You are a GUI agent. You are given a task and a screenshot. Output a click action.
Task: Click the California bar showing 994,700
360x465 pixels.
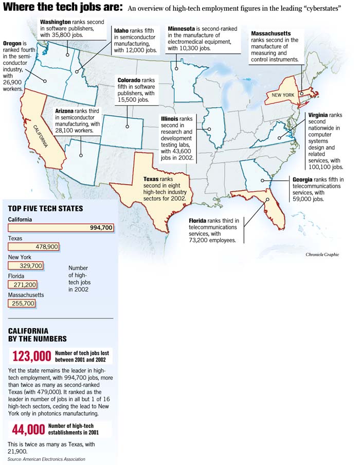tap(61, 228)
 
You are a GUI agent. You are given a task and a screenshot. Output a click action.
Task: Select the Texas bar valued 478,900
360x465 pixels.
tap(33, 247)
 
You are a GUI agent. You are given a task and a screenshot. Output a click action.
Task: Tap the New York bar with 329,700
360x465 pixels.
tap(26, 265)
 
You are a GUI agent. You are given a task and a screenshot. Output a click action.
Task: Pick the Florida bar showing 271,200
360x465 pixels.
tap(23, 284)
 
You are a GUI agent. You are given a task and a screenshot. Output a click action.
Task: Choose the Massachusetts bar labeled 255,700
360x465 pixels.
tap(22, 303)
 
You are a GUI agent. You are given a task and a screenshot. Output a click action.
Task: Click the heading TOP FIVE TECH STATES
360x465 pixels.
tap(45, 208)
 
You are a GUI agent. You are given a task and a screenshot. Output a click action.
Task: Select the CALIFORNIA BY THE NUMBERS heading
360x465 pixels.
tap(37, 335)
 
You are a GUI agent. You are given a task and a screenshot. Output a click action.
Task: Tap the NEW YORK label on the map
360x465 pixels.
tap(283, 95)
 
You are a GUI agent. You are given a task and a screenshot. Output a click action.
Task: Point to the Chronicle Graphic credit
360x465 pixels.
tap(322, 255)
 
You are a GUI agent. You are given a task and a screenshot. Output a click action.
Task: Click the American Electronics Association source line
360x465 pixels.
tap(46, 459)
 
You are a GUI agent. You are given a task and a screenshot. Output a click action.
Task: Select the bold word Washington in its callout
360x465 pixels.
tap(56, 22)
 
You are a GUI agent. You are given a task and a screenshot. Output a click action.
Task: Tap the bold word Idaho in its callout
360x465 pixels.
tap(121, 30)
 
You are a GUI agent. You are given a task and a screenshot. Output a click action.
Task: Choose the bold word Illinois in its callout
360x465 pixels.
tap(170, 118)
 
